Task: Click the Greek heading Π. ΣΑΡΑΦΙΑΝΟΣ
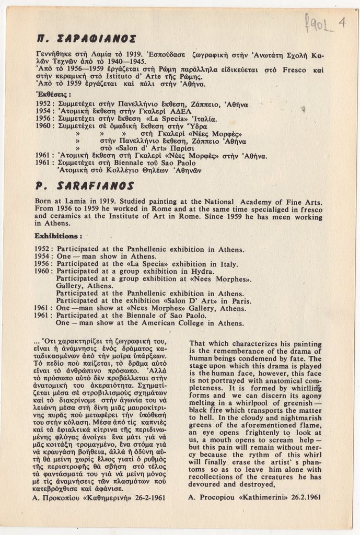tap(87, 38)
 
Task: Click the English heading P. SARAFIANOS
tap(84, 185)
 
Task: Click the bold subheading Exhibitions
tap(58, 236)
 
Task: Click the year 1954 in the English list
tap(43, 257)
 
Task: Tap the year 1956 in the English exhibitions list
tap(43, 264)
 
